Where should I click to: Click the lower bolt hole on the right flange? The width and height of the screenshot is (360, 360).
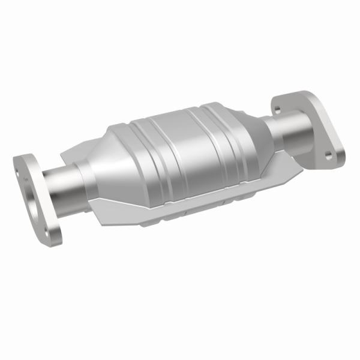[328, 155]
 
